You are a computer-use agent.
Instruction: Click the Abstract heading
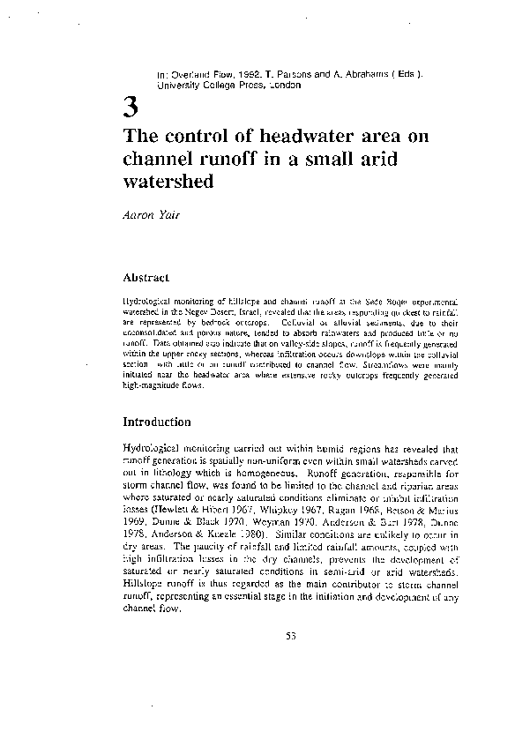tap(146, 278)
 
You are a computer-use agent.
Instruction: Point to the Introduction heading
tap(157, 422)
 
